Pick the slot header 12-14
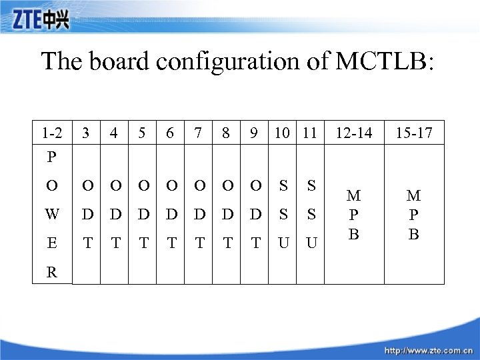click(354, 133)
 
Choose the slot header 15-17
click(414, 133)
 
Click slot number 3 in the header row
click(86, 133)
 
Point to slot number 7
click(198, 133)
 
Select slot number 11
click(308, 133)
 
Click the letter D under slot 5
click(142, 215)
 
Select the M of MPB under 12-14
click(354, 195)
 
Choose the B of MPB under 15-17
click(414, 234)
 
